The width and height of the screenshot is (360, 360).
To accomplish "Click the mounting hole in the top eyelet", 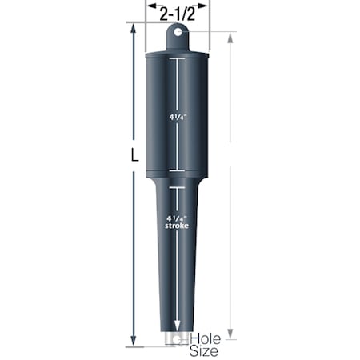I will click(177, 33).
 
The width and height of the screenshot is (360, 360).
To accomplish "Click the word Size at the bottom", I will click(205, 350).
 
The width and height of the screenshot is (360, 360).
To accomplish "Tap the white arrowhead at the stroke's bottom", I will click(177, 326).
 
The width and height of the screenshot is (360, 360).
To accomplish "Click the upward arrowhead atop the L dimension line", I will click(132, 29).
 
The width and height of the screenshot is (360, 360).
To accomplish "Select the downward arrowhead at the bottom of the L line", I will click(132, 338).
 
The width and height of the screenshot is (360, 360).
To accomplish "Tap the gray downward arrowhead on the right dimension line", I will click(230, 334).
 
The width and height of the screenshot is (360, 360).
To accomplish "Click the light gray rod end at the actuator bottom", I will click(176, 340).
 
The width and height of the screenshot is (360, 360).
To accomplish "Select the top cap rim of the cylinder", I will click(177, 54).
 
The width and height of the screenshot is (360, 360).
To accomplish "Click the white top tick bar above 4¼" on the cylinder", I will click(177, 61).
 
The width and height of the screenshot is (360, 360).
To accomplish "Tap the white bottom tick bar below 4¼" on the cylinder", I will click(177, 170).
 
